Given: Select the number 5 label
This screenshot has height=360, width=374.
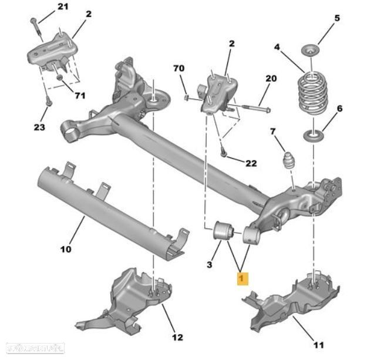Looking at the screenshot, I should [x=337, y=18].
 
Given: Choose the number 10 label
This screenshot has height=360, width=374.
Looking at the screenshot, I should [x=65, y=249].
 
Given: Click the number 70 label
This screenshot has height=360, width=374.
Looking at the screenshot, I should [x=178, y=69].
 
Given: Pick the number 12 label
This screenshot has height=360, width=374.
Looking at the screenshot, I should [x=177, y=337].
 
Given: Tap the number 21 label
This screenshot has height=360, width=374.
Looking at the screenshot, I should [x=63, y=7].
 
